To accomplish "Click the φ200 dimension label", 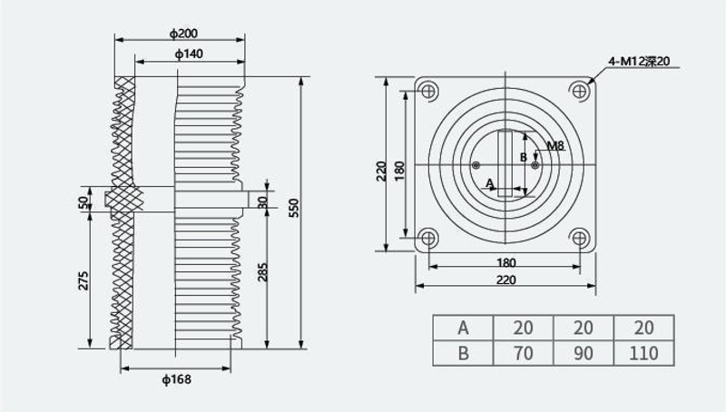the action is (x=183, y=34).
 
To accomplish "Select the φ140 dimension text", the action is (x=189, y=54).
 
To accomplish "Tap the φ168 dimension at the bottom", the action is (x=176, y=379).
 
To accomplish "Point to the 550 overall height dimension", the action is (x=293, y=208).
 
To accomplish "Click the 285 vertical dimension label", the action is (x=262, y=272).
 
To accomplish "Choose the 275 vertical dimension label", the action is (x=83, y=280).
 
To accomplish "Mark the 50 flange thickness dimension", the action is (x=83, y=202).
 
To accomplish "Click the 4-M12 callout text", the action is (x=640, y=61).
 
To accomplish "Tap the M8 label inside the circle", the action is (x=555, y=146).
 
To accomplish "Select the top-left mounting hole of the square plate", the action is (x=428, y=91).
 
